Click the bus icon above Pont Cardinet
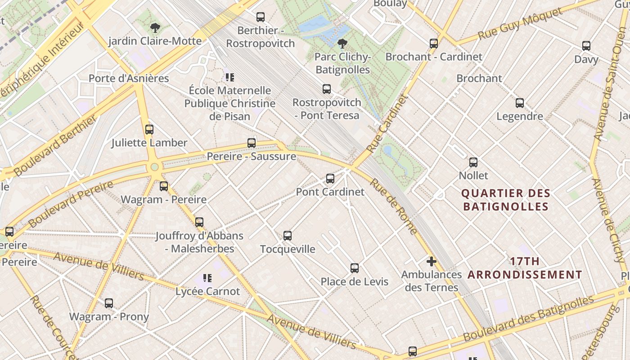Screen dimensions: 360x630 pos(330,179)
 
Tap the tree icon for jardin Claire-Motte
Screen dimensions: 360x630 pos(155,28)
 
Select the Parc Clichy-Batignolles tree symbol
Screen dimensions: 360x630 pos(342,44)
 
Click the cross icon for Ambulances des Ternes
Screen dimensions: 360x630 pos(432,261)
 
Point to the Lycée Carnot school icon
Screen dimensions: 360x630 pos(207,278)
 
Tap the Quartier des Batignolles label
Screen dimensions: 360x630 pos(506,200)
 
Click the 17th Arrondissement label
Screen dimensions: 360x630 pos(525,268)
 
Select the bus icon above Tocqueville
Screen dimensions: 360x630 pos(288,235)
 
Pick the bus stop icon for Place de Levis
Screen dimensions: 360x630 pos(355,268)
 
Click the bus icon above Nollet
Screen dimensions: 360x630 pos(473,162)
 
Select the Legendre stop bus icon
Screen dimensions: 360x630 pos(520,103)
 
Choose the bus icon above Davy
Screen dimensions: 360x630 pos(586,46)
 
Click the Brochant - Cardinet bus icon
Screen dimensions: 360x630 pos(434,44)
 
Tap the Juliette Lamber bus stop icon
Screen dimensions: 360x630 pos(149,130)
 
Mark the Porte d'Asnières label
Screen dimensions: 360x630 pos(129,78)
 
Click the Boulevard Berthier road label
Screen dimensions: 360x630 pos(55,146)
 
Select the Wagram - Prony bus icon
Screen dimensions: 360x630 pos(109,303)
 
